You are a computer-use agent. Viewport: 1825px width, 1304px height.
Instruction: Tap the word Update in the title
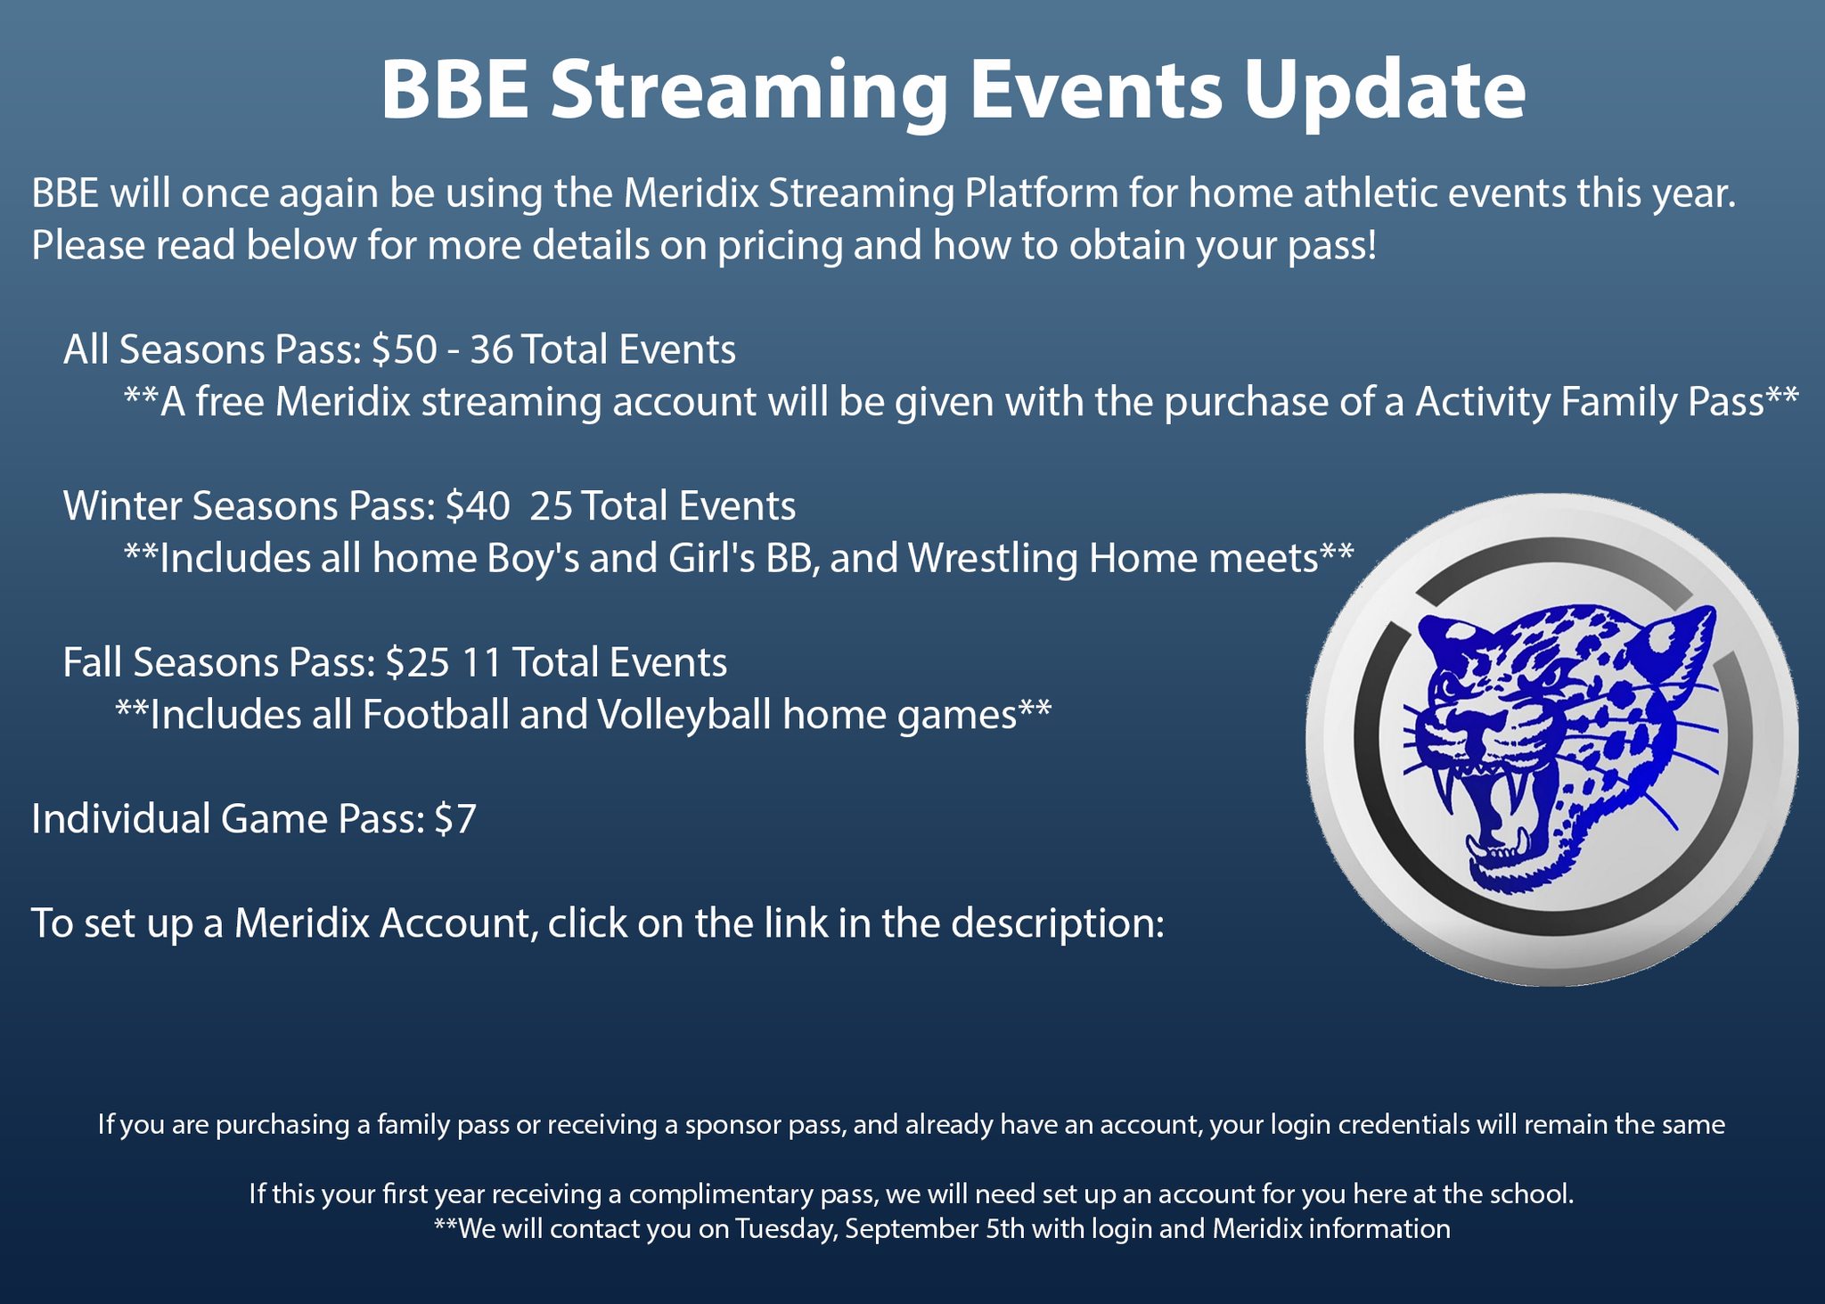coord(1385,92)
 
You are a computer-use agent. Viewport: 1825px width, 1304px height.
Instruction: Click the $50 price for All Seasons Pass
coord(405,349)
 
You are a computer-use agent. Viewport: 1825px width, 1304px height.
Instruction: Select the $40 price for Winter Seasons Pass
coord(478,505)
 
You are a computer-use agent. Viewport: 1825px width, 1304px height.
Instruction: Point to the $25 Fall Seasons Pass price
coord(418,662)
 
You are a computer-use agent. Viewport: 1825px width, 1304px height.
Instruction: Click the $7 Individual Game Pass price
coord(455,818)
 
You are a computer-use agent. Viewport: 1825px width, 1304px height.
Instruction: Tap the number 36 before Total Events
coord(492,349)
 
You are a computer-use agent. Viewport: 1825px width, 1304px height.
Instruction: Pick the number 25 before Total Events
coord(552,506)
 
